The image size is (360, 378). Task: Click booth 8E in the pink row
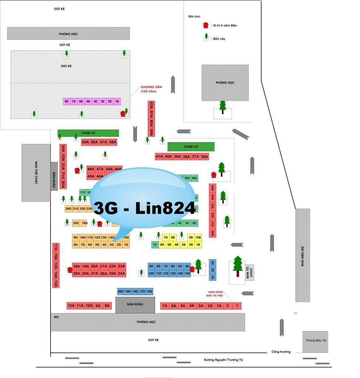click(67, 101)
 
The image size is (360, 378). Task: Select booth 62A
click(151, 106)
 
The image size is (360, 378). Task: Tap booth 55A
click(85, 142)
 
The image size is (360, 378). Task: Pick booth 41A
click(159, 157)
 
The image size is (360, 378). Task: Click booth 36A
click(205, 157)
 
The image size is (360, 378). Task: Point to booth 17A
click(56, 247)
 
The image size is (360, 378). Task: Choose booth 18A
click(76, 266)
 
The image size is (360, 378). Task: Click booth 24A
click(121, 274)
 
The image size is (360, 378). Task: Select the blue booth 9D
click(151, 266)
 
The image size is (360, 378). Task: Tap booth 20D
click(121, 291)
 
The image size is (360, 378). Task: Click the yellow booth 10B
click(198, 237)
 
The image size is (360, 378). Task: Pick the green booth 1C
click(155, 244)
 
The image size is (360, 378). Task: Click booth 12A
click(71, 306)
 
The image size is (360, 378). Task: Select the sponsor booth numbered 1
click(237, 306)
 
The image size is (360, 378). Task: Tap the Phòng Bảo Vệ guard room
click(315, 341)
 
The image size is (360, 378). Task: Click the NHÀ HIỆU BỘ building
click(302, 255)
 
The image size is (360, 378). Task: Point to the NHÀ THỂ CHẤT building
click(36, 173)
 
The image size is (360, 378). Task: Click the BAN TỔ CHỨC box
click(249, 272)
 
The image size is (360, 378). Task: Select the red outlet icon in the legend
click(206, 25)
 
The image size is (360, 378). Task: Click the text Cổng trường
click(281, 352)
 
